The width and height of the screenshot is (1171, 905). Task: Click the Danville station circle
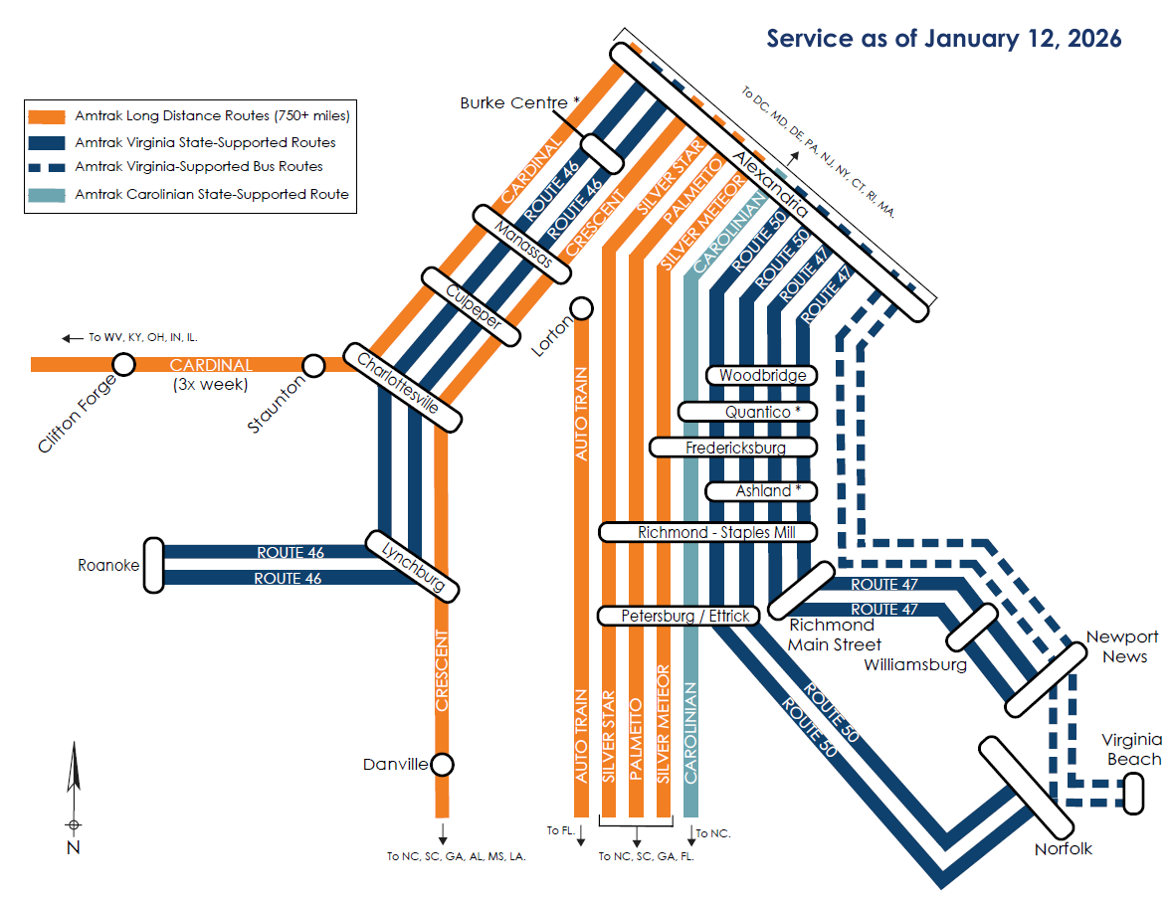tap(442, 765)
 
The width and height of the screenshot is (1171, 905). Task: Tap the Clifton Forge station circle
tap(123, 365)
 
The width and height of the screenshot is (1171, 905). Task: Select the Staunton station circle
tap(313, 366)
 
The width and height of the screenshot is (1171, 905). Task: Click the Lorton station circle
tap(582, 308)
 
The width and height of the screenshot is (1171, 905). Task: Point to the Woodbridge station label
tap(762, 375)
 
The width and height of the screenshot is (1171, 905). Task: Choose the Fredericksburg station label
tap(735, 448)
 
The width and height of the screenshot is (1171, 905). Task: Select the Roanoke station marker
tap(153, 564)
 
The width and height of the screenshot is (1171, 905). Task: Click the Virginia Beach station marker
tap(1133, 793)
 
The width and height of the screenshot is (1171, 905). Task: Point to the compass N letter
tap(73, 847)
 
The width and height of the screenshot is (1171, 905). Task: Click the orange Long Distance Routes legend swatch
tap(46, 116)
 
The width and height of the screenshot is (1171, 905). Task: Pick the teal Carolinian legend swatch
tap(46, 194)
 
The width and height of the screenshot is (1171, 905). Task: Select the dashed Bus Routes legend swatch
tap(46, 167)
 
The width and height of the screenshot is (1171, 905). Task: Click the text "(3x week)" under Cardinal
tap(210, 384)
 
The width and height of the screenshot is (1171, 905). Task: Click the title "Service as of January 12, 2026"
tap(943, 39)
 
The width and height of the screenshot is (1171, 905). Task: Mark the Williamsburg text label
tap(915, 664)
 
